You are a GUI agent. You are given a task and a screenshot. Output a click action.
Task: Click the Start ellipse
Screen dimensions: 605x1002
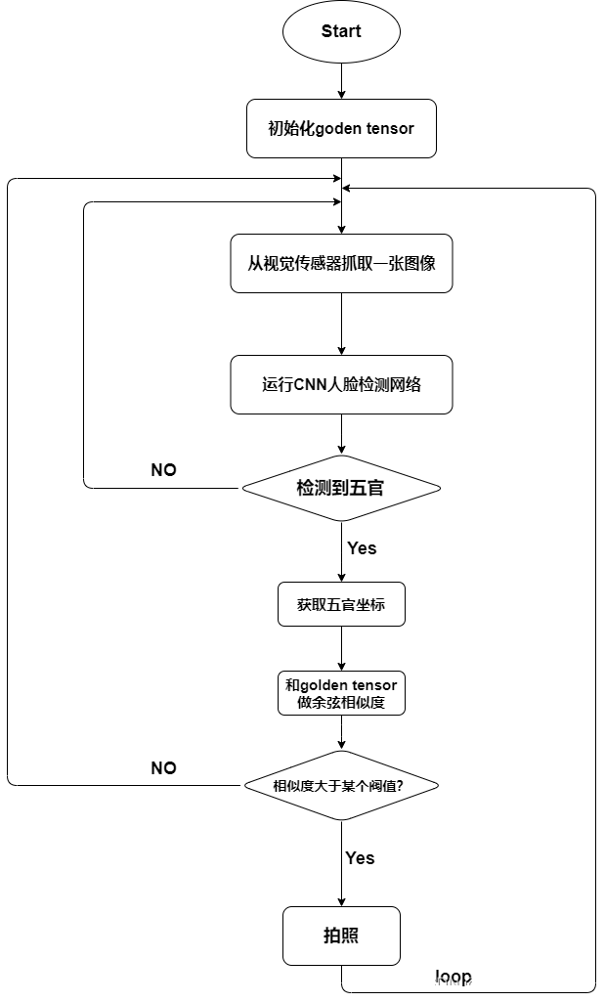341,31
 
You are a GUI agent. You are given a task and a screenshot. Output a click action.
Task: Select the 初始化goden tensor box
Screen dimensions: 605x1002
341,128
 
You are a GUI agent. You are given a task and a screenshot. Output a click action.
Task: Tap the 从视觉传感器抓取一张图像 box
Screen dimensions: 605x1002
341,263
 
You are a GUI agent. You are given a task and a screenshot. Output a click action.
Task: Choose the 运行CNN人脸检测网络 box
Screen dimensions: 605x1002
341,384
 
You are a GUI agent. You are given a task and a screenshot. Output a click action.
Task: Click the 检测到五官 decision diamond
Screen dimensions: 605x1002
341,488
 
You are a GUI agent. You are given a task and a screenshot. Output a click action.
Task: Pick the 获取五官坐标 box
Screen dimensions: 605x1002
341,605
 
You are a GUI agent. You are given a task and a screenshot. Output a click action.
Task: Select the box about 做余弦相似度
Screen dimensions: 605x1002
341,693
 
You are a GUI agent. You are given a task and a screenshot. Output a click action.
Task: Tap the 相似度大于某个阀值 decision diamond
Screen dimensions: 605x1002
341,786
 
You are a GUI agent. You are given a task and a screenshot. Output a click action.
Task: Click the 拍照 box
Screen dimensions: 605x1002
341,936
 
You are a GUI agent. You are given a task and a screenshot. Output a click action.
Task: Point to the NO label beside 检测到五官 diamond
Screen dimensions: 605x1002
163,471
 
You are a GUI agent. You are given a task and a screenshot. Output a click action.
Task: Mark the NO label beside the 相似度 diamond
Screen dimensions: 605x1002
163,769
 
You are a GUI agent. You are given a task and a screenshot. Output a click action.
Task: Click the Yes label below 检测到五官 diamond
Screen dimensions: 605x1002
362,549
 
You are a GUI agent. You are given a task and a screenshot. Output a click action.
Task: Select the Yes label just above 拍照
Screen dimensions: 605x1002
360,858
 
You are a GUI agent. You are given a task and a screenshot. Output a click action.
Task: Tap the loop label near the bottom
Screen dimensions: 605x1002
454,977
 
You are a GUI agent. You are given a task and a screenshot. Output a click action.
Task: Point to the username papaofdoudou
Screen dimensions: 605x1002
534,984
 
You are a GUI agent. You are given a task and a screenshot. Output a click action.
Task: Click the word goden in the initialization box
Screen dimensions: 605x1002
339,128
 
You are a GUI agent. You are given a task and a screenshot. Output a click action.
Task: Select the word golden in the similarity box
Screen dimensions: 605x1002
326,685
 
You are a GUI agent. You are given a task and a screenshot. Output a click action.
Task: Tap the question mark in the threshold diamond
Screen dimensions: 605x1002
400,786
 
